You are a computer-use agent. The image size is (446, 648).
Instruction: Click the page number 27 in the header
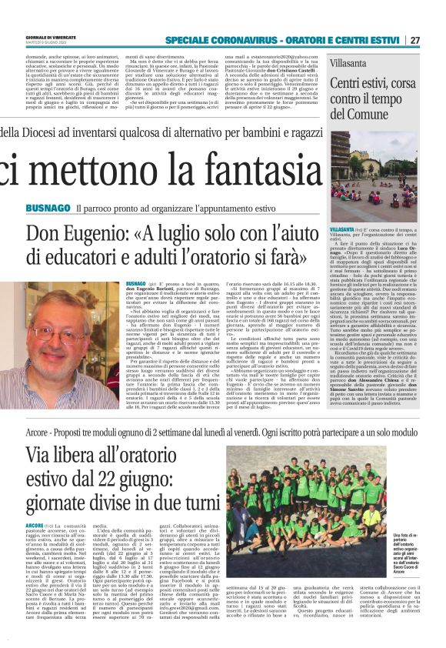tap(435, 40)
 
